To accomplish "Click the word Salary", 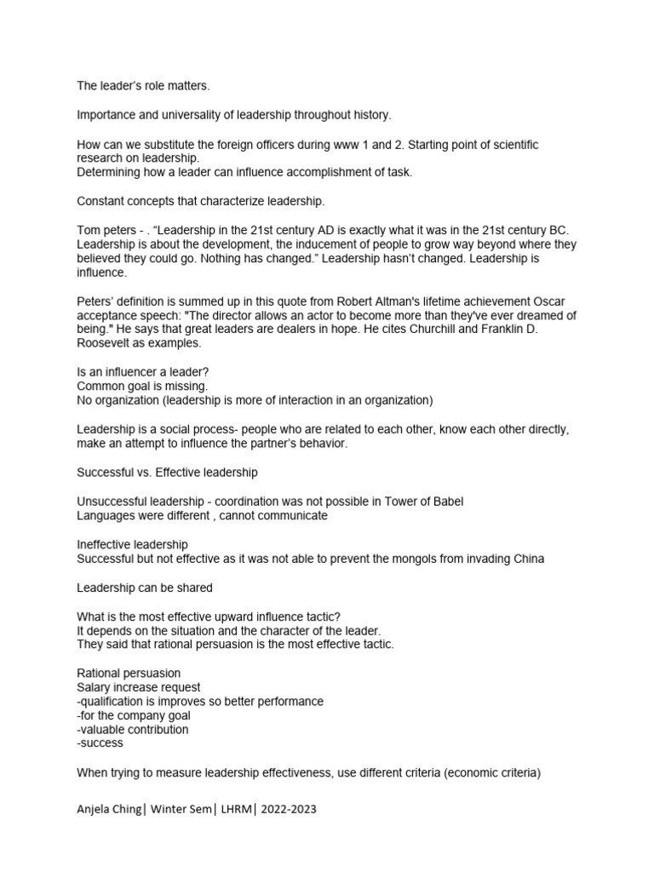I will coord(95,687).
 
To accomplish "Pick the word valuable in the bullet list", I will coord(106,730).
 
